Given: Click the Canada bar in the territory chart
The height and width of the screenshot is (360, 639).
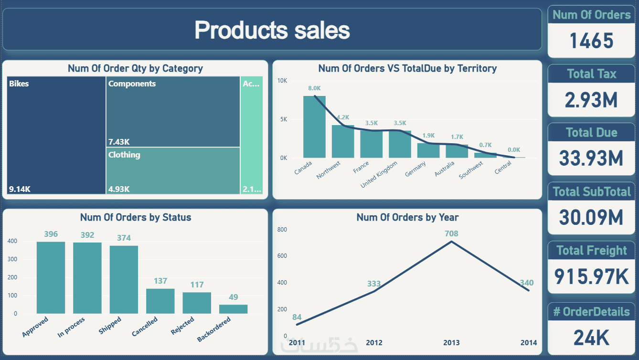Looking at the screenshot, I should pos(314,127).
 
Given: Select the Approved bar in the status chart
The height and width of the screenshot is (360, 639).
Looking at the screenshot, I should pos(51,277).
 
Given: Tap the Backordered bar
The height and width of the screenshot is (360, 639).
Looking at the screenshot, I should pos(234,309).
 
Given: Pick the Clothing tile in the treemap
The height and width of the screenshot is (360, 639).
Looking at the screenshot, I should pos(173,170).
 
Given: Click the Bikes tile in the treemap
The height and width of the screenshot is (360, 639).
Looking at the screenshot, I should pos(56,135).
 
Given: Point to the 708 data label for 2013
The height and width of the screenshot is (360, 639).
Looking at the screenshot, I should pos(451,233).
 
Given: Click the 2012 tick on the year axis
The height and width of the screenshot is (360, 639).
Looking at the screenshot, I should pos(374,342).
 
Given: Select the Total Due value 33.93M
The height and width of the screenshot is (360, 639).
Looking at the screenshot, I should pos(591,159).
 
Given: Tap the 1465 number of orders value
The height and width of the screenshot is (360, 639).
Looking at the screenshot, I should pos(591,41).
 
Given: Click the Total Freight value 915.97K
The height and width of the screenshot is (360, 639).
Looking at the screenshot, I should pos(591,276).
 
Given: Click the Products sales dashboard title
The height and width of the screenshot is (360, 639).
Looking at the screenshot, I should pos(272,30).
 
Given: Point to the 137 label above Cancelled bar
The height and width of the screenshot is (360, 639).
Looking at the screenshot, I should pos(160,281).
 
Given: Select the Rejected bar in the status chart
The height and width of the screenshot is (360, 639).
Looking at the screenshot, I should pos(197,303).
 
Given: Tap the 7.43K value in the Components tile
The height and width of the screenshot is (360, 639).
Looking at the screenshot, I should pos(119,142).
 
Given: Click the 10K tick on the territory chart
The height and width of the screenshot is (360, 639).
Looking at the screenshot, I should pos(282,81).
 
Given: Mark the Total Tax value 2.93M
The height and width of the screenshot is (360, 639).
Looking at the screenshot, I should pos(591,100).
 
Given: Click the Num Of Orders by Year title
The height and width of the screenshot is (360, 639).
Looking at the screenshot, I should pos(407,217).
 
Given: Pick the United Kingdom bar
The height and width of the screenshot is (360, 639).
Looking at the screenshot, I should pos(400,144).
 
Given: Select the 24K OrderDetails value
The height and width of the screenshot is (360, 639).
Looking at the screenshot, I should pos(591,337).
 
